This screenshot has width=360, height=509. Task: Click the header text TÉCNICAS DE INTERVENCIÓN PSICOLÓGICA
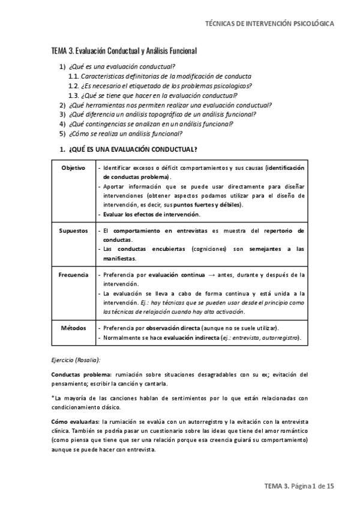click(x=269, y=23)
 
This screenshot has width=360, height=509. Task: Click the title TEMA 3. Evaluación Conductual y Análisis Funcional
click(x=124, y=52)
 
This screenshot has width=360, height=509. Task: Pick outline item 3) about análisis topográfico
click(x=154, y=114)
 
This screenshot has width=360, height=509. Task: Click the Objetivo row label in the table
click(x=73, y=167)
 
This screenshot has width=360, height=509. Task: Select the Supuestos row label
click(x=74, y=230)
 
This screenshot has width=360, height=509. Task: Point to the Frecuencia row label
click(x=74, y=275)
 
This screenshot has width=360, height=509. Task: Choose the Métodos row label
click(x=74, y=328)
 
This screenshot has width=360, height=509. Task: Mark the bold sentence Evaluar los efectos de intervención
click(x=152, y=214)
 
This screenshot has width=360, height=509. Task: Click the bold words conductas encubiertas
click(x=143, y=249)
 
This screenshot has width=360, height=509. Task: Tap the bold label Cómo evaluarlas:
click(x=76, y=423)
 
